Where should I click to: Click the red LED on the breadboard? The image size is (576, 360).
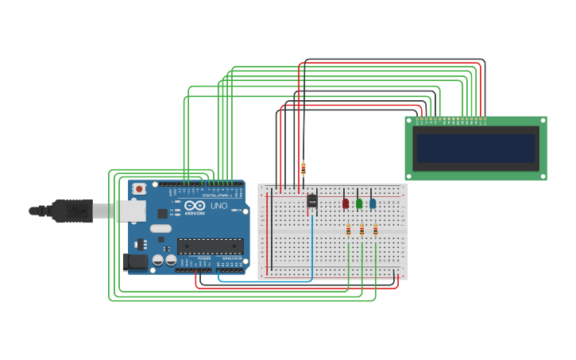(x=345, y=203)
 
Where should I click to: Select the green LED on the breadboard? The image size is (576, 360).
(x=359, y=203)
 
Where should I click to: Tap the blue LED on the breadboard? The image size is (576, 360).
(x=373, y=203)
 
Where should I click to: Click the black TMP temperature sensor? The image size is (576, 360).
(x=311, y=202)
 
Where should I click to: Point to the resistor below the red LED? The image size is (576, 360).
(x=348, y=230)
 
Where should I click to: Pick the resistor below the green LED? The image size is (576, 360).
(x=362, y=230)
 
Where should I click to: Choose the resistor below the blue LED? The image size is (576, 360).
(x=376, y=230)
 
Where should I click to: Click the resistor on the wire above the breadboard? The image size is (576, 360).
(x=303, y=168)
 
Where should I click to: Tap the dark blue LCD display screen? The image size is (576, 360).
(x=476, y=149)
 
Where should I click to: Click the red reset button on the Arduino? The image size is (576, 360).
(x=139, y=188)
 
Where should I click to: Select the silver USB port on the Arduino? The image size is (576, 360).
(x=130, y=211)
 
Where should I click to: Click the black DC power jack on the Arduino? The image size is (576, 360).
(x=135, y=261)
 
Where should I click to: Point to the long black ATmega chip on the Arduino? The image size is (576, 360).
(x=210, y=246)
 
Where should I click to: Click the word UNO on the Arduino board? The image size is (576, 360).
(x=218, y=206)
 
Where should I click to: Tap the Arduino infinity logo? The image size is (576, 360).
(x=195, y=205)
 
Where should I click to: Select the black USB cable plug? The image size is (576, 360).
(x=72, y=211)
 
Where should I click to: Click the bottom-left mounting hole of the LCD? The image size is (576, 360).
(x=409, y=176)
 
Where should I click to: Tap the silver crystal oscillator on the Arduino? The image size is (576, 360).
(x=160, y=229)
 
